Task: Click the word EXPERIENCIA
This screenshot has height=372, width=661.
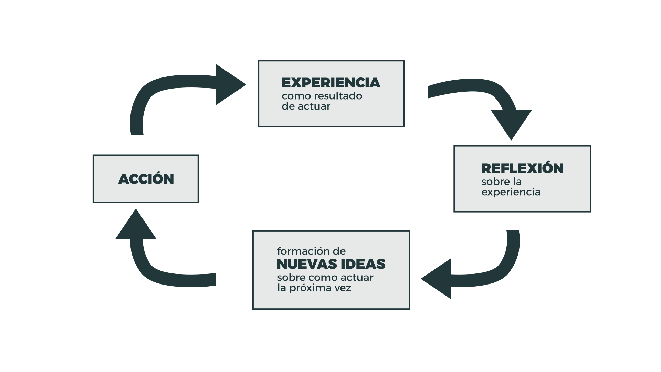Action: [x=330, y=83]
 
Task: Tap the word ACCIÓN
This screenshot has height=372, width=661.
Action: [x=146, y=179]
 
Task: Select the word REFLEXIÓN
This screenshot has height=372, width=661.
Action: [x=522, y=168]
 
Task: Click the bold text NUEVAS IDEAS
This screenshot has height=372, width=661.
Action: [x=331, y=264]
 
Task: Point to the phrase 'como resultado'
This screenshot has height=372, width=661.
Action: [x=322, y=96]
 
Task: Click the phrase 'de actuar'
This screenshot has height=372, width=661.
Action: [x=306, y=106]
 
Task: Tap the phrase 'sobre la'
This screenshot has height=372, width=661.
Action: [x=501, y=182]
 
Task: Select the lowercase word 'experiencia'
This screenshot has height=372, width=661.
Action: [x=511, y=192]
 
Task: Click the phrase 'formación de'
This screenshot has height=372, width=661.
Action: [x=311, y=251]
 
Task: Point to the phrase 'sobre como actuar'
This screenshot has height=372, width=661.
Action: [x=325, y=278]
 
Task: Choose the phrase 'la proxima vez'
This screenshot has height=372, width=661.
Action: [x=314, y=288]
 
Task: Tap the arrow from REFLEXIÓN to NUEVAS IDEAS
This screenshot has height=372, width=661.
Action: [x=496, y=272]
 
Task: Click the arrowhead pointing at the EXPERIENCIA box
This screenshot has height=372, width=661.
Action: [x=229, y=84]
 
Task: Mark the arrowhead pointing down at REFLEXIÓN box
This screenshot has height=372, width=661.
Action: [x=511, y=124]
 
